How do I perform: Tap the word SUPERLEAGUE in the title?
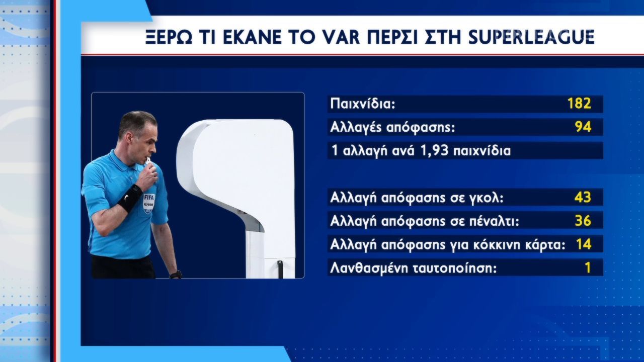tap(531, 37)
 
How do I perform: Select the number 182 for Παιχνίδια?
tap(579, 104)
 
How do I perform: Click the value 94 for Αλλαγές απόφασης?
tap(583, 127)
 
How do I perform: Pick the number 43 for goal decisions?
tap(583, 197)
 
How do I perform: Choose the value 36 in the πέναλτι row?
tap(583, 221)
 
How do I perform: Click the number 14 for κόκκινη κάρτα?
tap(584, 244)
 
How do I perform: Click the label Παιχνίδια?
tap(363, 104)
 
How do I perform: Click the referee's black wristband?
tap(130, 198)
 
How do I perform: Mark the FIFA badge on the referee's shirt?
tap(148, 203)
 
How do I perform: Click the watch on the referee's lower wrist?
tap(176, 275)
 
